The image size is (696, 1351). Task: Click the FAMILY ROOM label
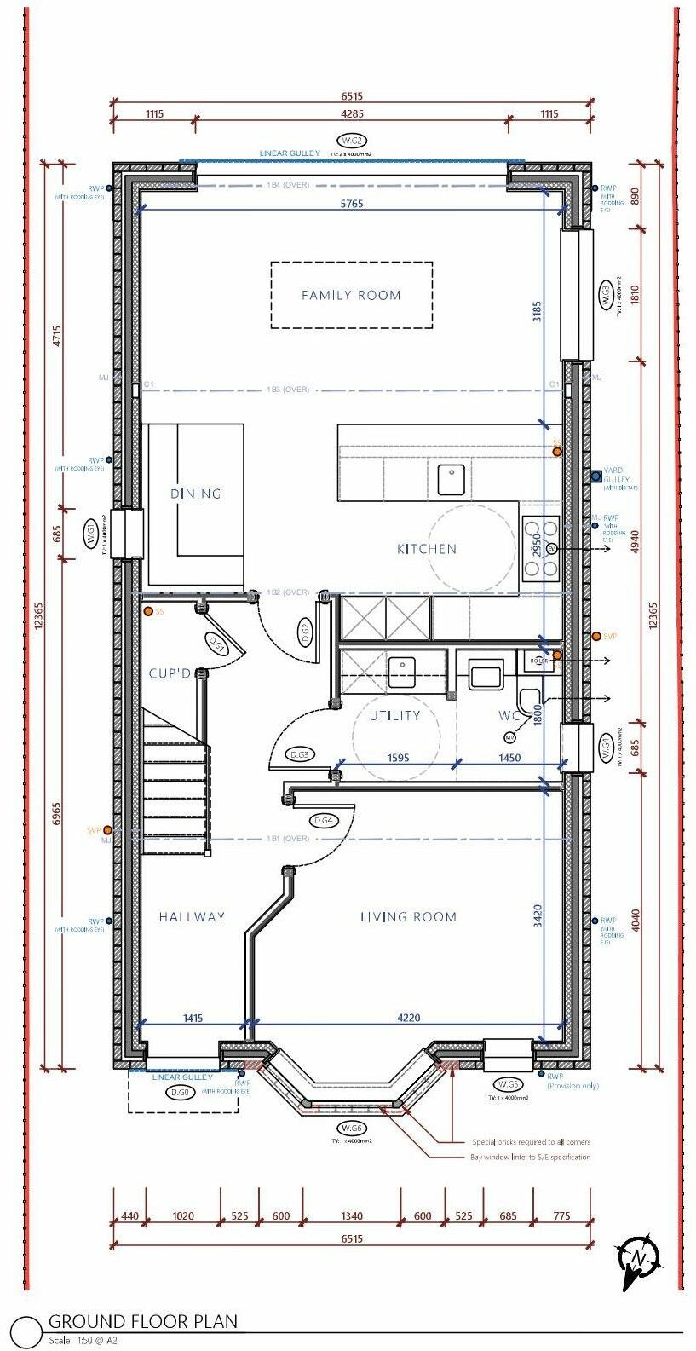tap(351, 295)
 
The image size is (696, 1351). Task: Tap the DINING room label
tap(195, 494)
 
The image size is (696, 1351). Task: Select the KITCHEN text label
tap(427, 549)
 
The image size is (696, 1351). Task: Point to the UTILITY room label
tap(394, 715)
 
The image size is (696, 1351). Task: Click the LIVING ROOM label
tap(408, 917)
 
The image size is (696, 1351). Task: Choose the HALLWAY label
tap(192, 917)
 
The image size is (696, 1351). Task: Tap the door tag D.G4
tap(323, 820)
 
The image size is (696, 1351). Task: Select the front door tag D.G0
tap(180, 1093)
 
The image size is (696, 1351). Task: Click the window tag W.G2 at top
tap(352, 140)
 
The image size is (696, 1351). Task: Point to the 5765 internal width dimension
tap(352, 204)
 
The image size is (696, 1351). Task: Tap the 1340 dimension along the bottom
tap(351, 1215)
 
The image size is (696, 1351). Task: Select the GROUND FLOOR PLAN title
tap(142, 1321)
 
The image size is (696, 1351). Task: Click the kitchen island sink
tap(452, 479)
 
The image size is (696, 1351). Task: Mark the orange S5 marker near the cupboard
tap(148, 611)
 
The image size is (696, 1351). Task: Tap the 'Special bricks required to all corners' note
tap(531, 1142)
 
